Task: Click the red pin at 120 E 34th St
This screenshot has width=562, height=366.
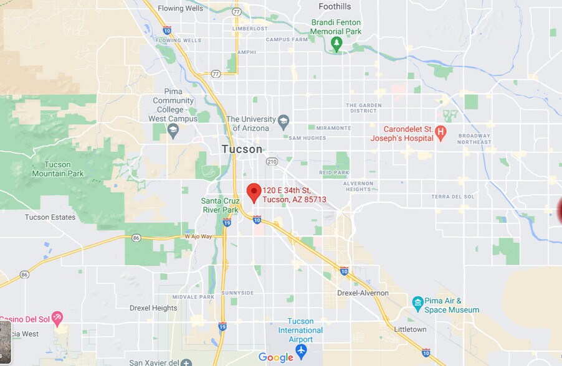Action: click(x=254, y=192)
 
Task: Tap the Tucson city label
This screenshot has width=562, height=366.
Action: click(x=242, y=149)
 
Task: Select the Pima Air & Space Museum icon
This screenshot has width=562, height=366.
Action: click(x=418, y=303)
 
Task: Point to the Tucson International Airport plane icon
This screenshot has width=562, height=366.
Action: click(x=302, y=350)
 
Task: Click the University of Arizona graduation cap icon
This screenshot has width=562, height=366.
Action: click(x=283, y=121)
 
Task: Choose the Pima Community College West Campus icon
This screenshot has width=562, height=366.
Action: click(x=173, y=130)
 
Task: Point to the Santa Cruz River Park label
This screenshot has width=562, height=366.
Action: click(x=220, y=205)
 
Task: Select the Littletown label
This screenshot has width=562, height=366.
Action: click(x=410, y=329)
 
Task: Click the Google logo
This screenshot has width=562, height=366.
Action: click(x=275, y=357)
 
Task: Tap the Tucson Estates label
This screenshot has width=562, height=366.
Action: click(x=50, y=217)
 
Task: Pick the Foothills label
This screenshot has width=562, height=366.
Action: click(x=335, y=7)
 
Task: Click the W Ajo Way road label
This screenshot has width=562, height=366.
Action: click(x=198, y=237)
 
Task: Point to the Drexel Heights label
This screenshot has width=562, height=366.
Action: click(x=153, y=308)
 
